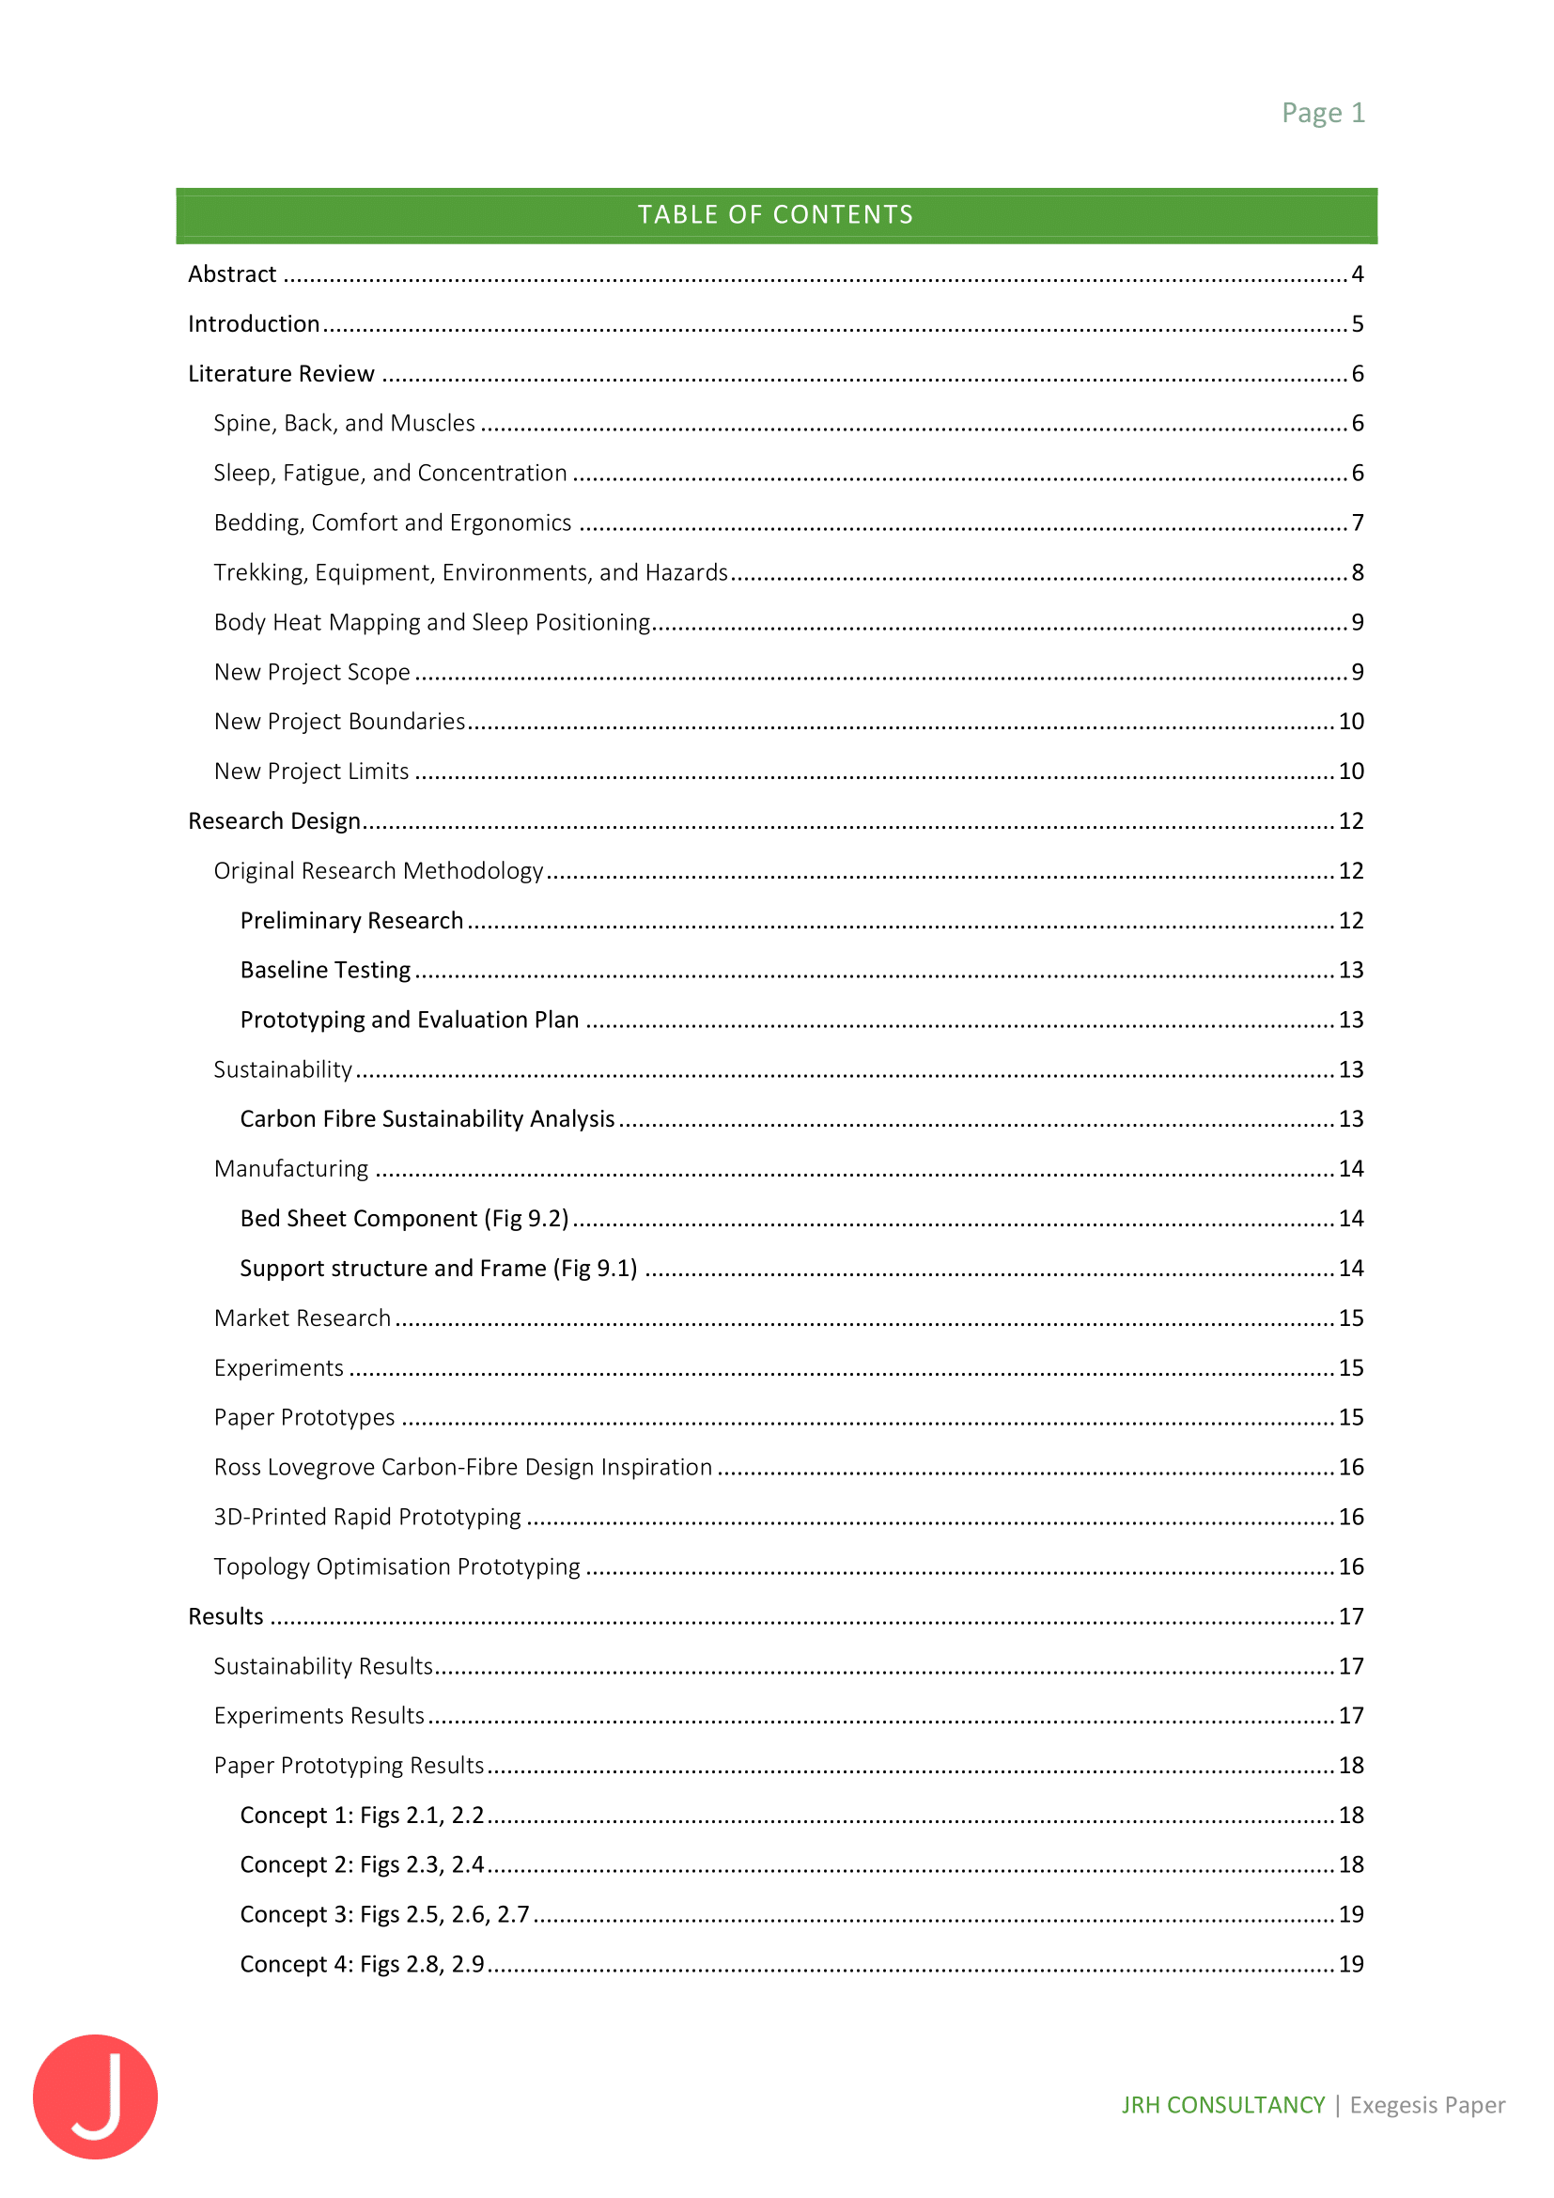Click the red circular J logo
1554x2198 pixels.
[x=95, y=2096]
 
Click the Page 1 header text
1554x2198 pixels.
[x=1323, y=113]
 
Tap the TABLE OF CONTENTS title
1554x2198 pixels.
[x=775, y=214]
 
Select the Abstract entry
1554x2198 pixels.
[x=232, y=274]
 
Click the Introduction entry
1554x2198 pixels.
[x=254, y=324]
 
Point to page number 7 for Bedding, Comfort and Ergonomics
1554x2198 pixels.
[x=1357, y=522]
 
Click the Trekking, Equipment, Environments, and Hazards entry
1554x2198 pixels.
[x=471, y=572]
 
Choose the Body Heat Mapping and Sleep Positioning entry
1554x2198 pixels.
[x=431, y=622]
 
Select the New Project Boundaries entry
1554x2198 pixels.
[x=340, y=722]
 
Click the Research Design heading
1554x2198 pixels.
[x=274, y=821]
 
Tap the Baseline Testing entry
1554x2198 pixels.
[x=325, y=971]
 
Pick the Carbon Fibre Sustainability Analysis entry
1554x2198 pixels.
[x=427, y=1119]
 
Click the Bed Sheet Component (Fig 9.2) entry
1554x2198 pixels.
[x=404, y=1219]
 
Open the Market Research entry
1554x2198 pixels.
[x=303, y=1318]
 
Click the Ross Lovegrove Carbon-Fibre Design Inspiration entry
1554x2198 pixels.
[x=463, y=1468]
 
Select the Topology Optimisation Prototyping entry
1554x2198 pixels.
[x=397, y=1567]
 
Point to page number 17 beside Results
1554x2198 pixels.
[x=1350, y=1617]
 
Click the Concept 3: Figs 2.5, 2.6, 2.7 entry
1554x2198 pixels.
[x=384, y=1914]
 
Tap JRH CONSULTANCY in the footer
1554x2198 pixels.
[x=1223, y=2105]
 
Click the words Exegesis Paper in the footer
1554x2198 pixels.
[x=1427, y=2105]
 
